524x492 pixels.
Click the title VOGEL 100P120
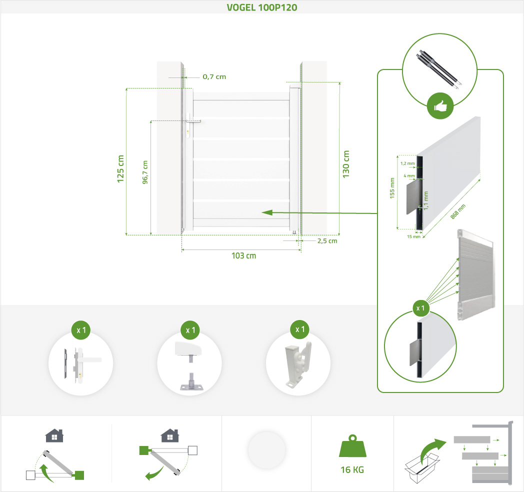pyautogui.click(x=262, y=7)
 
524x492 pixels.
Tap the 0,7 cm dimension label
pyautogui.click(x=214, y=77)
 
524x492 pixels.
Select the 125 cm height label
pyautogui.click(x=120, y=168)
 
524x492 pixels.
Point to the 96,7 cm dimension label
pyautogui.click(x=145, y=172)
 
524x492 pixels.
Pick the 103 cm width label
pyautogui.click(x=243, y=255)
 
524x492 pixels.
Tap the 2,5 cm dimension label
pyautogui.click(x=326, y=241)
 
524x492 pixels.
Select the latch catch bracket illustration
pyautogui.click(x=298, y=364)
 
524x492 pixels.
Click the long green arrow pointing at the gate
pyautogui.click(x=320, y=213)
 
